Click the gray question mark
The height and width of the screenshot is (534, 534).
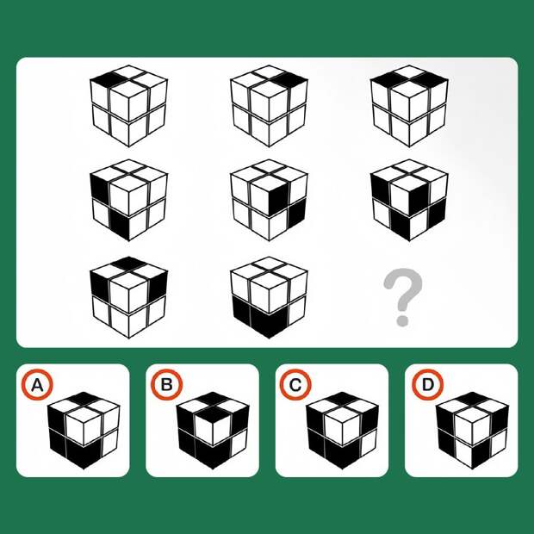click(403, 297)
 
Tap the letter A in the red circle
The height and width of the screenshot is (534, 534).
click(37, 385)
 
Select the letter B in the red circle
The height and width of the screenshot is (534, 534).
click(167, 385)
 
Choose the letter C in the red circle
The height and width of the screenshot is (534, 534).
click(295, 385)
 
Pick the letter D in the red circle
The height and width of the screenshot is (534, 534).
click(428, 385)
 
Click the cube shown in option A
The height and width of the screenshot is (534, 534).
click(84, 431)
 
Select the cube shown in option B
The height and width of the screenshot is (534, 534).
click(213, 431)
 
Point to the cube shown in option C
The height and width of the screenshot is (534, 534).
click(342, 431)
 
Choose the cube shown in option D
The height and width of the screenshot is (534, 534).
click(472, 431)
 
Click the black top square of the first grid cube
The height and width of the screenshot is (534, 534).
click(109, 80)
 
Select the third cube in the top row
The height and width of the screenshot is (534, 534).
click(409, 106)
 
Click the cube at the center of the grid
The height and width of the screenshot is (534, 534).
click(269, 200)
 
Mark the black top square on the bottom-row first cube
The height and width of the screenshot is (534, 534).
click(128, 264)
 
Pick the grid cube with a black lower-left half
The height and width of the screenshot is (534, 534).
click(269, 298)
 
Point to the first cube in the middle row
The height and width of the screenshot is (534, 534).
click(128, 200)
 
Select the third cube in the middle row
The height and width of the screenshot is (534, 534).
click(409, 200)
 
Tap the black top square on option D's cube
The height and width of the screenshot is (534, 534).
click(472, 398)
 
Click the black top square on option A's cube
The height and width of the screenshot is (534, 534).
click(84, 398)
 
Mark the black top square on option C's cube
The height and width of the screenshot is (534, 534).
click(342, 398)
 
